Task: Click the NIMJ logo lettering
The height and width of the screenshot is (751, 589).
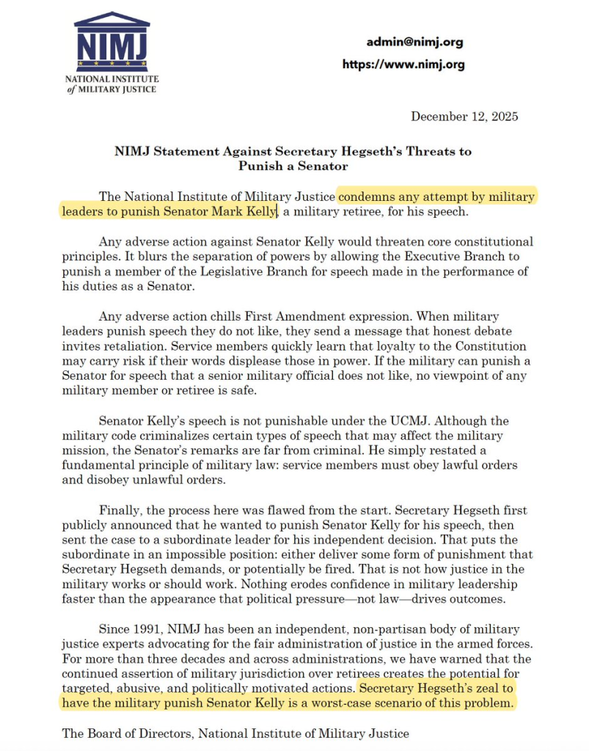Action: coord(111,45)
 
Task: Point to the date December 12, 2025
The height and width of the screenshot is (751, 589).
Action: coord(464,117)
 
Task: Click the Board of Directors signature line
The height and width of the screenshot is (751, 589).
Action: coord(235,733)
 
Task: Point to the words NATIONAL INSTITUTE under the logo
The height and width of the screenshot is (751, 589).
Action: coord(111,78)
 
